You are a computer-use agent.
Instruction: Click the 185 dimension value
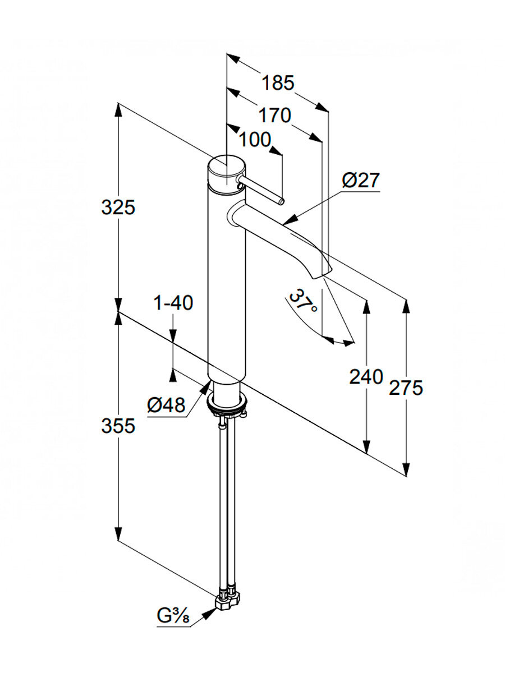[278, 83]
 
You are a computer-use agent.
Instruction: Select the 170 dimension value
[275, 116]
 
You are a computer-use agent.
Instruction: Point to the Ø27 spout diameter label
[360, 181]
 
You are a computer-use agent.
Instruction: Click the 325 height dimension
[118, 208]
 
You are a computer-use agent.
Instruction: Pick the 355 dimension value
[118, 426]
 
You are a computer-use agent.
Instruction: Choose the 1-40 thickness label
[173, 303]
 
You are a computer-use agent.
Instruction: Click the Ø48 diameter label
[166, 405]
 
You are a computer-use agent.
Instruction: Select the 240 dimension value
[366, 377]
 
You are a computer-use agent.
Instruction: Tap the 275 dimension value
[407, 388]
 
